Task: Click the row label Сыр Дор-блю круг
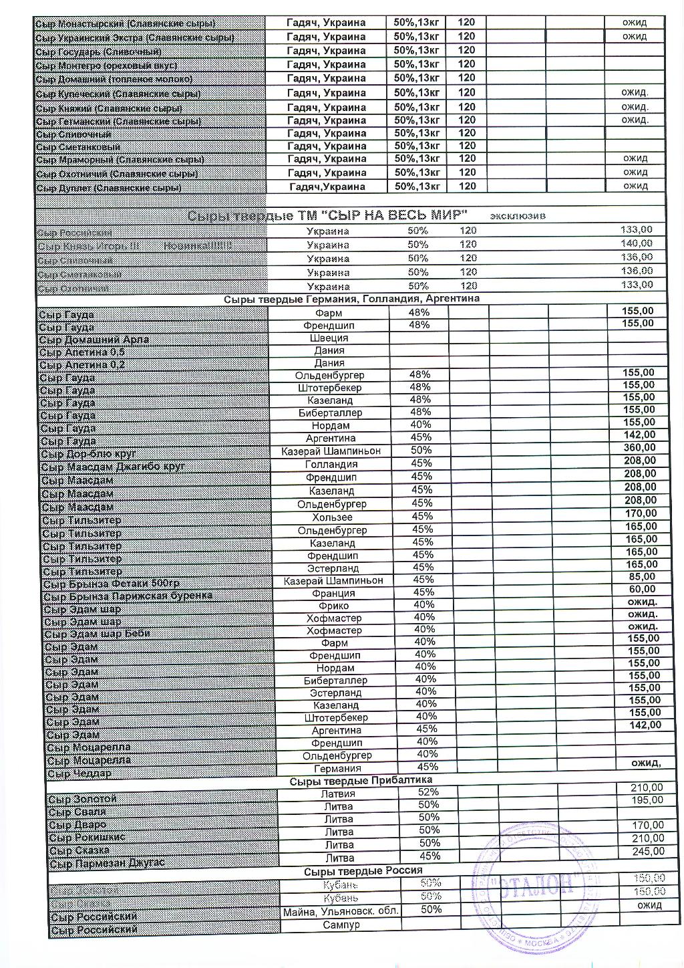[88, 454]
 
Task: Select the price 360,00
[639, 447]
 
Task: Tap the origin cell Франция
[333, 593]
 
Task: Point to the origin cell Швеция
[329, 338]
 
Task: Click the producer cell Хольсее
[332, 517]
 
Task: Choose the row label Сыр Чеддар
[79, 773]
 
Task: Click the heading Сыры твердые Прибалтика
[361, 780]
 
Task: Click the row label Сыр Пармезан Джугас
[107, 863]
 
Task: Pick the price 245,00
[648, 851]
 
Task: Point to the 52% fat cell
[428, 792]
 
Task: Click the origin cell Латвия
[338, 794]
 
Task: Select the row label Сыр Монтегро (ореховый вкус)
[106, 66]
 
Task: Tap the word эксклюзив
[518, 216]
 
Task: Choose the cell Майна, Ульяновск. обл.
[341, 911]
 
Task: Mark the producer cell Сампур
[341, 925]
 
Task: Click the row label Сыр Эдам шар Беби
[98, 633]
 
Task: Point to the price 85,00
[642, 577]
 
